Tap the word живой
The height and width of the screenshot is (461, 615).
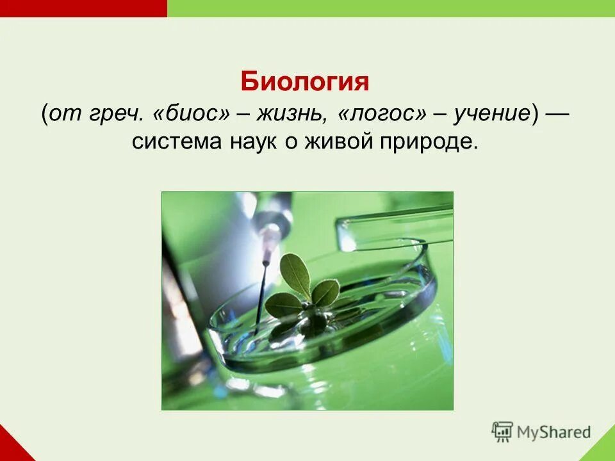333,142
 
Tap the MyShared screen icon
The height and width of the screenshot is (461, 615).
503,432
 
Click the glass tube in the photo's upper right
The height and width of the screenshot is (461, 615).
391,224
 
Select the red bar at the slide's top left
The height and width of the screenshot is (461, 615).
83,8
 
